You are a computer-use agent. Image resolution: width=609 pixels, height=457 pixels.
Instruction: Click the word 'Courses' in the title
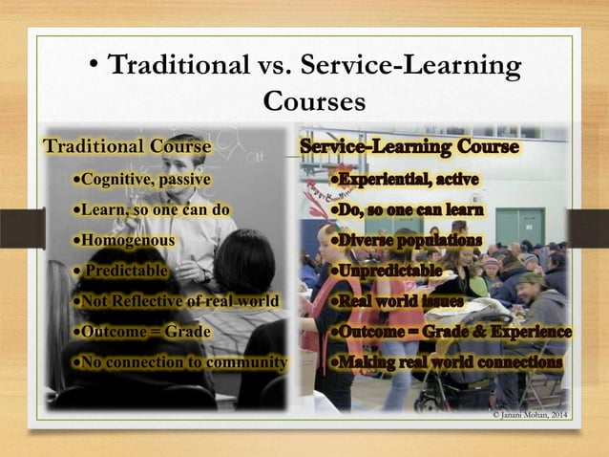point(314,100)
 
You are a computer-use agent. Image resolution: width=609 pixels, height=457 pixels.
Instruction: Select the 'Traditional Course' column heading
point(124,147)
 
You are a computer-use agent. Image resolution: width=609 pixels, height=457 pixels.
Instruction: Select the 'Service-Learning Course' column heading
point(409,147)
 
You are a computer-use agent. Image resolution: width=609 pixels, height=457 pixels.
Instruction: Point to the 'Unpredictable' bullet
point(386,271)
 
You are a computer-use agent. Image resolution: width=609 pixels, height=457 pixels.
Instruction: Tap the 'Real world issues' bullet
point(396,301)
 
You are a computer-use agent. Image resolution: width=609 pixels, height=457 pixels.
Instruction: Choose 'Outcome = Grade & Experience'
point(450,332)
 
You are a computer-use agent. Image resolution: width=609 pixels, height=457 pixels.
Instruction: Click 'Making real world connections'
point(446,362)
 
